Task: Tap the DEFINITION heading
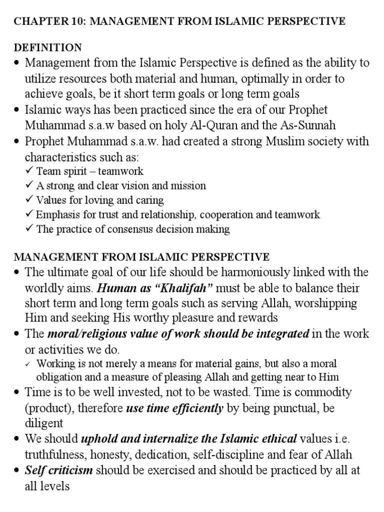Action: pos(47,47)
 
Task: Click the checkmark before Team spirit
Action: pos(29,171)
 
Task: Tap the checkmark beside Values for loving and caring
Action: pos(29,200)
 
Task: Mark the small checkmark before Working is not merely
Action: pos(29,363)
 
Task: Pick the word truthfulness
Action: pos(55,454)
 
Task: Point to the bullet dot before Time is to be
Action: pos(17,393)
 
